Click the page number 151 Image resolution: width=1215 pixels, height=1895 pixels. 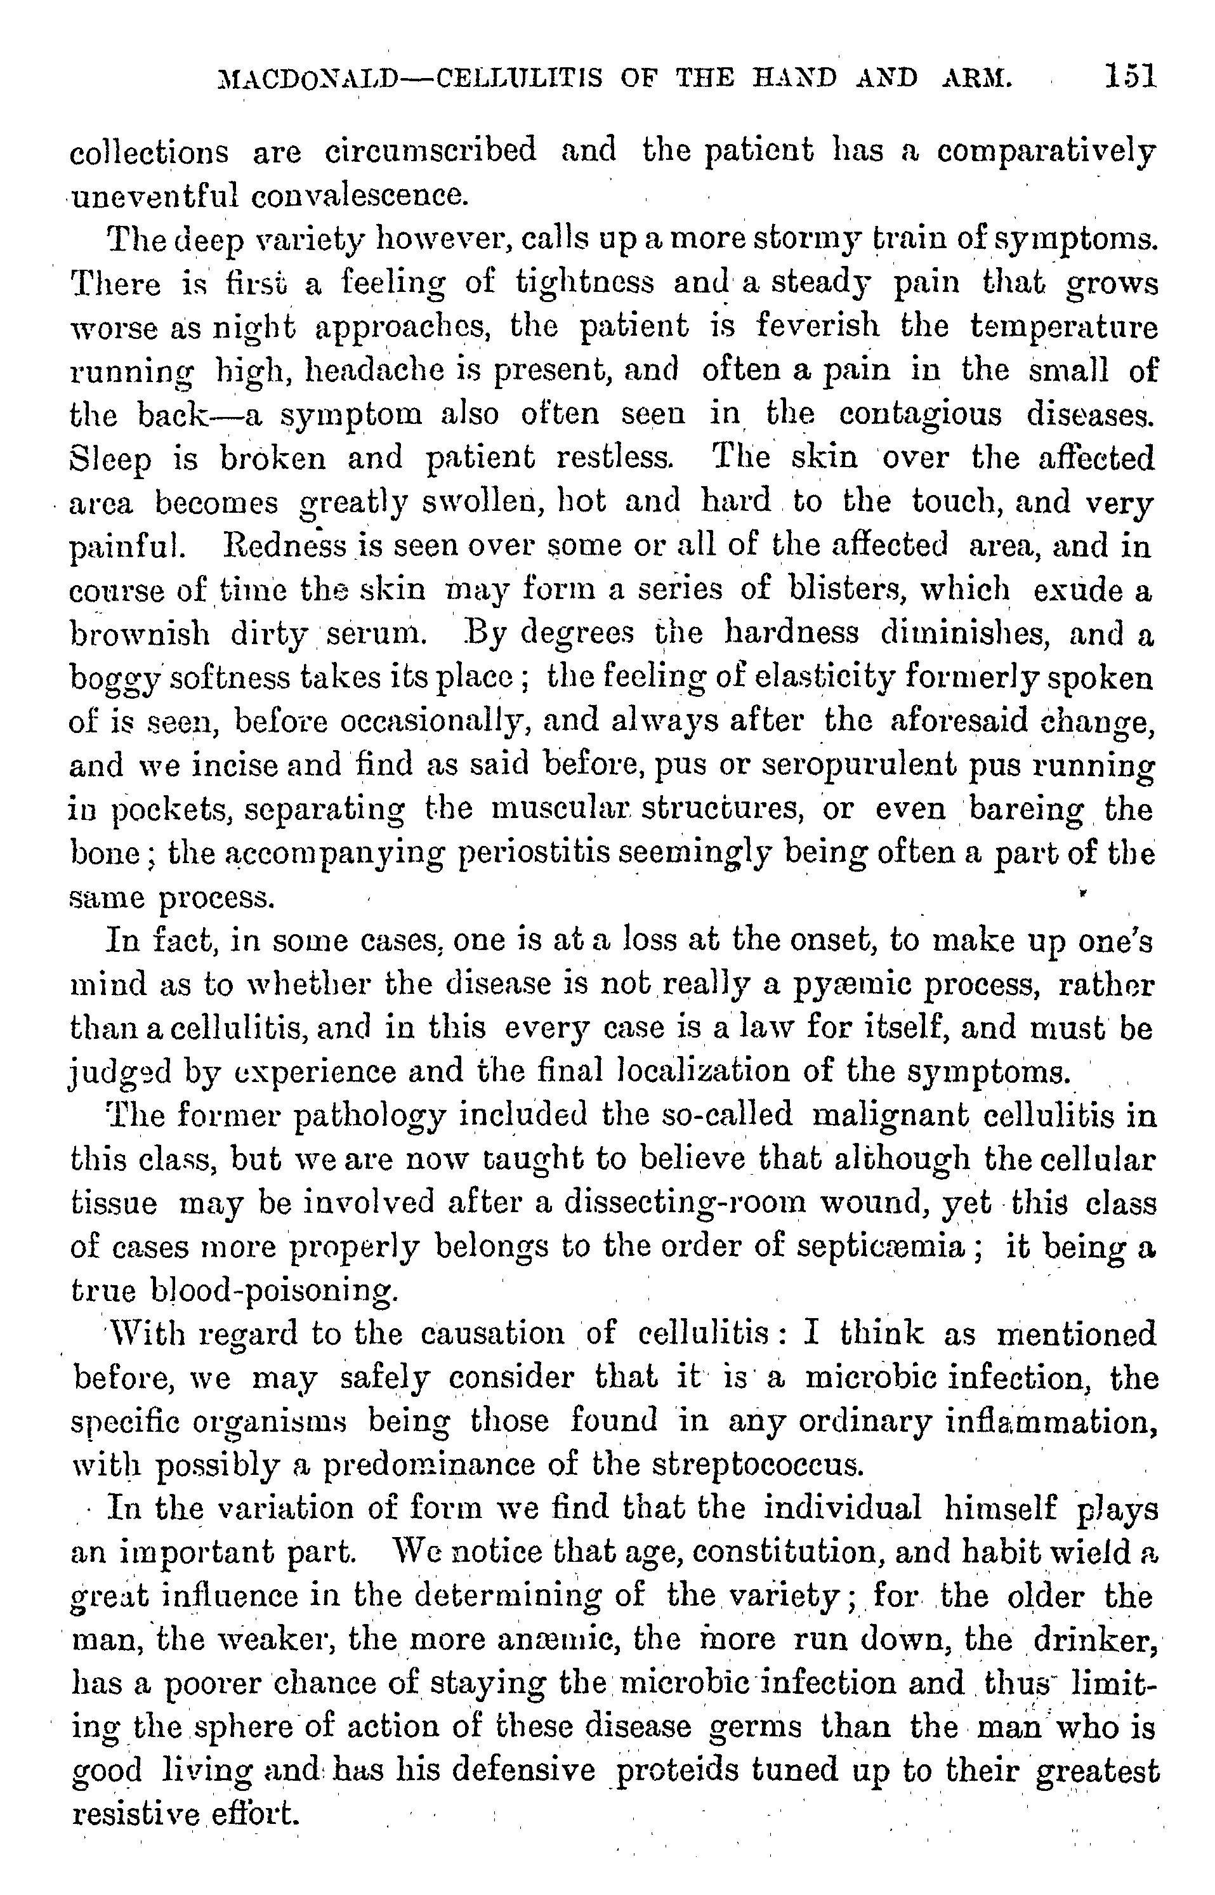[1131, 77]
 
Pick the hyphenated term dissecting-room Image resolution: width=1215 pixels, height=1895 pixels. [671, 1203]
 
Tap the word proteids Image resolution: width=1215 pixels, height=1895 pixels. [678, 1772]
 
